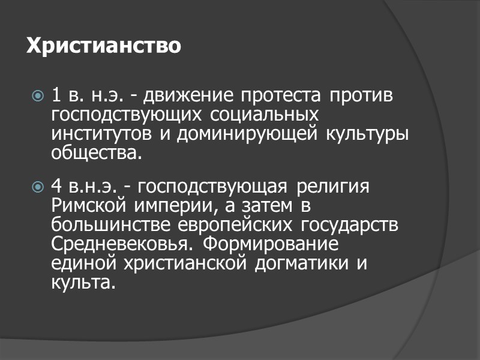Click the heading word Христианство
103,46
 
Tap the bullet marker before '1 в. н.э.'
38,96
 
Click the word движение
191,96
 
